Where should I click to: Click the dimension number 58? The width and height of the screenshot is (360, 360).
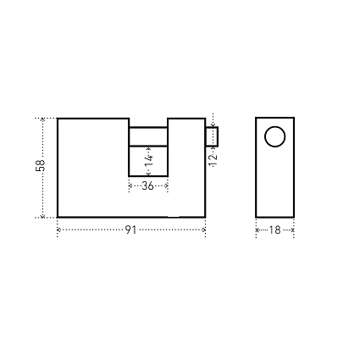[x=41, y=165]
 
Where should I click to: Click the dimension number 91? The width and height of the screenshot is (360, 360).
[x=130, y=230]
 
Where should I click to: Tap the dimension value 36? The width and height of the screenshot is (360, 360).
[x=147, y=186]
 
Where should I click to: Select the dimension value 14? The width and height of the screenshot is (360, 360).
[x=149, y=161]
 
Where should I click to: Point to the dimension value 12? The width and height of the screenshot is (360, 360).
[x=213, y=159]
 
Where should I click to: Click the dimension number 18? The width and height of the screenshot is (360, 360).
[x=274, y=230]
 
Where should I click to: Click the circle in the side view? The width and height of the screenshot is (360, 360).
[x=274, y=136]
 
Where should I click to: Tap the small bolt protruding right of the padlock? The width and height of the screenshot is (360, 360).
[x=212, y=136]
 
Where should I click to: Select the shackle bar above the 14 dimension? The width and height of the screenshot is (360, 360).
[x=148, y=136]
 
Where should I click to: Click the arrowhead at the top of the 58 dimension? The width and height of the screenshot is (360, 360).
[x=42, y=119]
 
